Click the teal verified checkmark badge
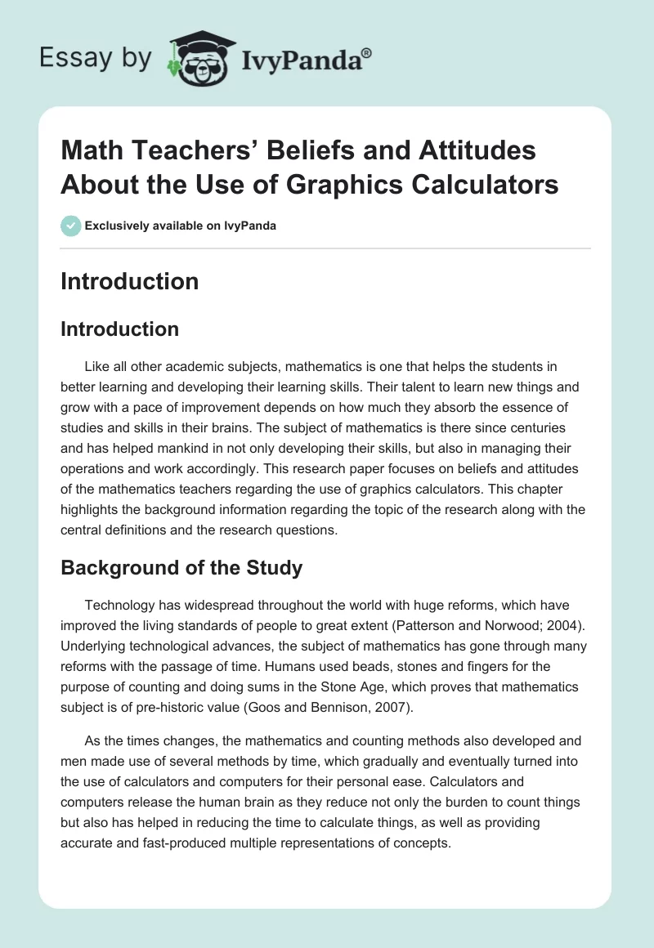(x=71, y=226)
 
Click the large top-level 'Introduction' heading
(x=129, y=281)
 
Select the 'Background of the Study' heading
(x=181, y=568)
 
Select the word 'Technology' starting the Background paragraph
(x=121, y=604)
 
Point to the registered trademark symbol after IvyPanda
(x=367, y=52)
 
